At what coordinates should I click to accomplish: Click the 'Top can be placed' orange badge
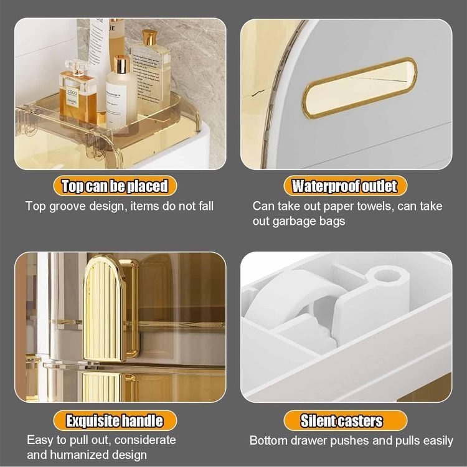(115, 186)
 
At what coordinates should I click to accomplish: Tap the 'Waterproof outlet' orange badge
(345, 186)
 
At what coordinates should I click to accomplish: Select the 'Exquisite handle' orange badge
(115, 420)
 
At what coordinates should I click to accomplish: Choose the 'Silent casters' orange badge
(345, 420)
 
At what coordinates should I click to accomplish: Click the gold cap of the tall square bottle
(149, 37)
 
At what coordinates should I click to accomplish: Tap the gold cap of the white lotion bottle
(121, 64)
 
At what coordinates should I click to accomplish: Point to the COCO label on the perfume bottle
(72, 92)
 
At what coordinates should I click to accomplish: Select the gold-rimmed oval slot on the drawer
(359, 88)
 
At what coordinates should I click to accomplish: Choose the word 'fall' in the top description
(205, 206)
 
